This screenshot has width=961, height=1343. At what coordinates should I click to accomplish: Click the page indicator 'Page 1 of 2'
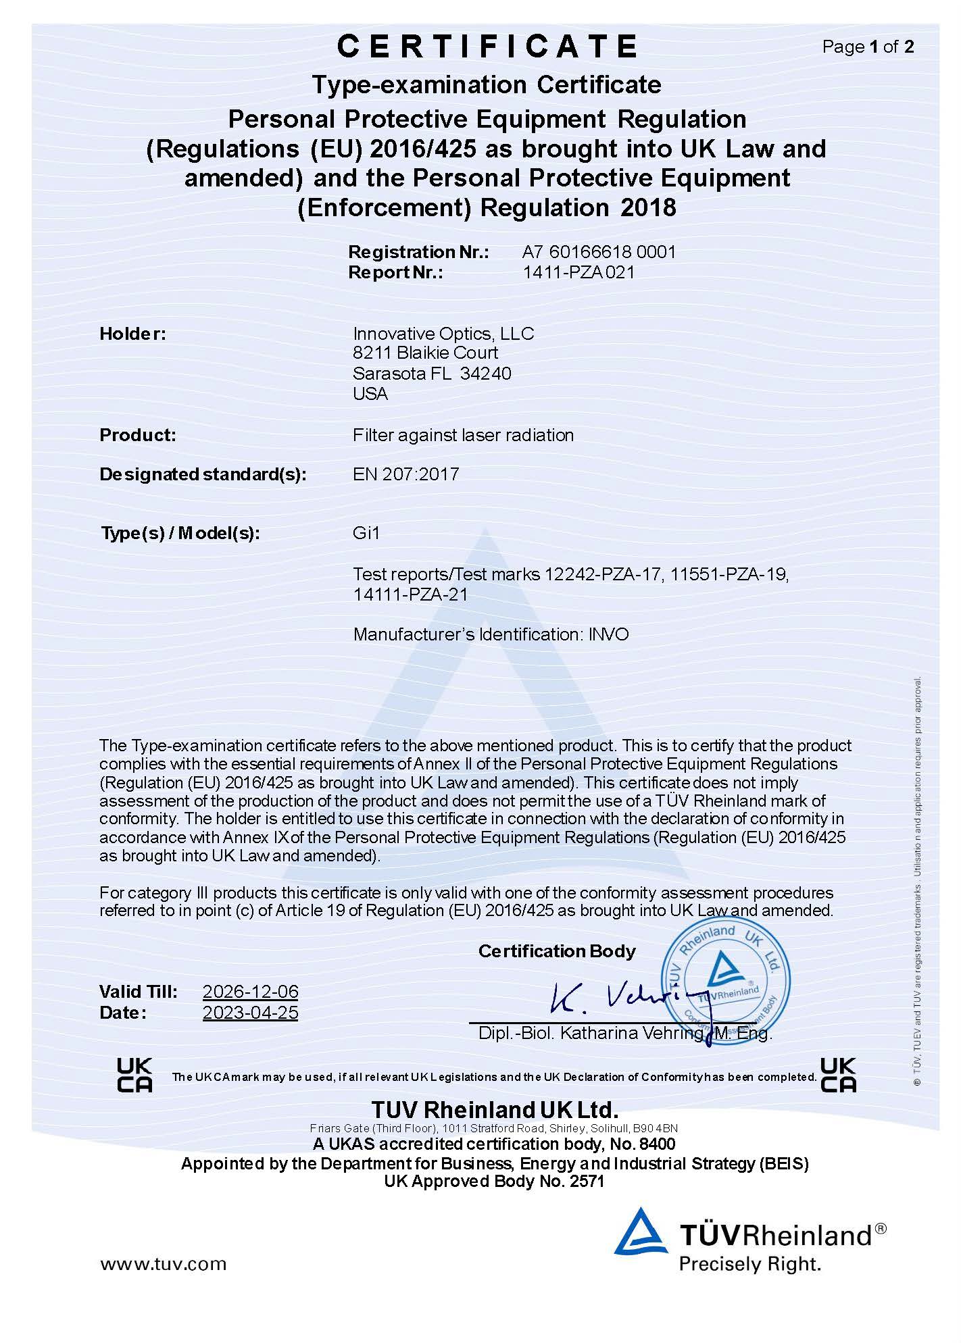868,47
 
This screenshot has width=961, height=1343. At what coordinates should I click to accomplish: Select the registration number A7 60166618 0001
599,252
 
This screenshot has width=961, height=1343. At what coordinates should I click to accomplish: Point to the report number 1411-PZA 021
578,272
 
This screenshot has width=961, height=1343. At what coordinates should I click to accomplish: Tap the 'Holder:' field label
132,334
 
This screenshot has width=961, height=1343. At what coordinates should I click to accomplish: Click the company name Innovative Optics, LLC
443,334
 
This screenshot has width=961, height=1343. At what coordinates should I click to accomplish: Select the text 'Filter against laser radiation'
463,435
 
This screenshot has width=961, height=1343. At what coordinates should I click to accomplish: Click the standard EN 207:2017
405,474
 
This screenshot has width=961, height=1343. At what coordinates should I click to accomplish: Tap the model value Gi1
366,533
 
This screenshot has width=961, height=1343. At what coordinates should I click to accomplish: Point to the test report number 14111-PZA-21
410,594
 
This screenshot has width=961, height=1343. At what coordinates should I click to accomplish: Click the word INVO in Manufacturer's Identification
608,634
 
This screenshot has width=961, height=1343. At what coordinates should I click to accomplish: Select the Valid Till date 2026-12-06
250,992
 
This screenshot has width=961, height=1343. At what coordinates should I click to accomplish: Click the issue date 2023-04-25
250,1013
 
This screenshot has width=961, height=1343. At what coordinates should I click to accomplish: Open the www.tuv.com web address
164,1263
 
